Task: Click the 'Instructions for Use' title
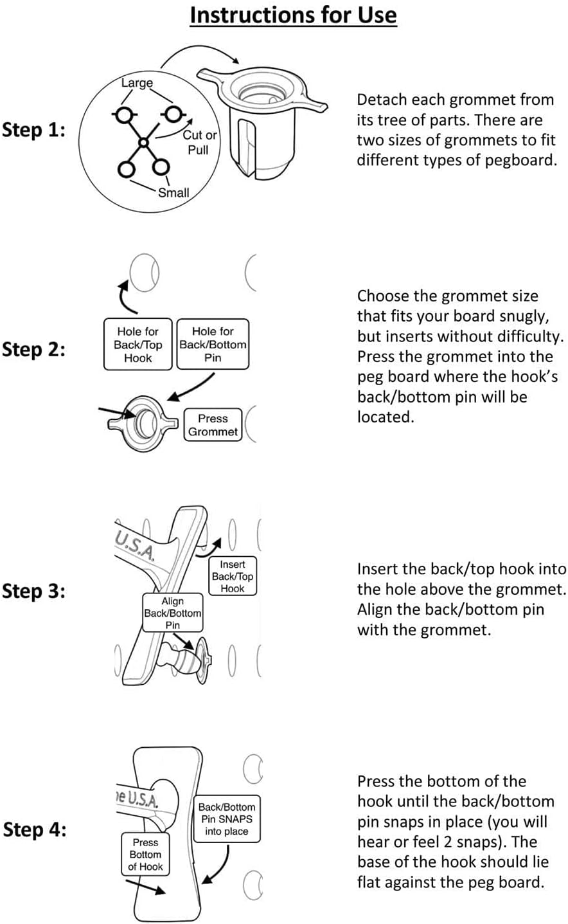[x=293, y=15]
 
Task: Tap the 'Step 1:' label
[x=33, y=131]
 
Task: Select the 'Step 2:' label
[x=33, y=350]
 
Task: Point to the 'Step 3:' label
[x=33, y=591]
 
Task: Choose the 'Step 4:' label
[x=34, y=829]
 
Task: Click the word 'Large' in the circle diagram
[x=137, y=83]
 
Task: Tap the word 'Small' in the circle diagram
[x=173, y=192]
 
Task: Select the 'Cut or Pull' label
[x=199, y=142]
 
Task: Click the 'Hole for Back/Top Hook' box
[x=138, y=345]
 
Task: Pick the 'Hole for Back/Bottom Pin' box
[x=213, y=345]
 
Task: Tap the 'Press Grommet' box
[x=213, y=425]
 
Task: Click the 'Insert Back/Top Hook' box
[x=233, y=576]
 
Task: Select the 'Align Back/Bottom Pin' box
[x=172, y=613]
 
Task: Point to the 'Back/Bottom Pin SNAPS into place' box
[x=226, y=819]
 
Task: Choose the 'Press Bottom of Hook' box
[x=145, y=855]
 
